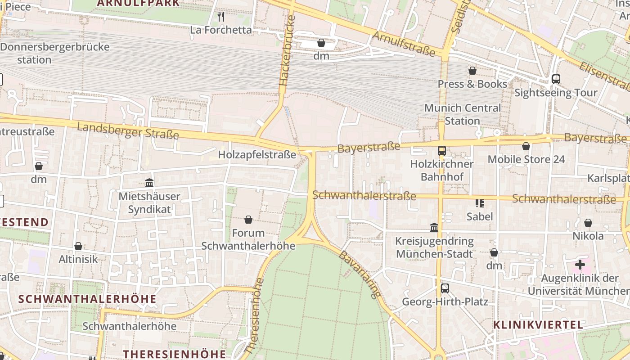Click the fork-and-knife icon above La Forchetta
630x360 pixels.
[x=220, y=17]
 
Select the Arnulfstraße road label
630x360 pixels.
[x=404, y=44]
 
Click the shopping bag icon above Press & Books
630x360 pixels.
[x=472, y=71]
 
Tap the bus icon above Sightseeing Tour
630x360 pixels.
[x=556, y=79]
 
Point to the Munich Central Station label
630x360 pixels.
[x=462, y=114]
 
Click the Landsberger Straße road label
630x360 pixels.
[x=128, y=130]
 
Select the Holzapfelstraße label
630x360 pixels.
[x=257, y=155]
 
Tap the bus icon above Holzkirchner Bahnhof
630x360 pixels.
[x=441, y=151]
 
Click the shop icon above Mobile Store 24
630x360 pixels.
[x=526, y=146]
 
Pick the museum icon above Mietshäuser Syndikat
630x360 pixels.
[x=149, y=183]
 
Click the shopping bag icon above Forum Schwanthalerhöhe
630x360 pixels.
[x=248, y=220]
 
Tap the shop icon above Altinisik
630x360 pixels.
[x=78, y=246]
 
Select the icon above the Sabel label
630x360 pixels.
[x=479, y=203]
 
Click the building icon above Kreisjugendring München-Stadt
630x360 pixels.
[x=434, y=228]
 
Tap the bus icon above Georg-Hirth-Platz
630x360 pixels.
[x=445, y=288]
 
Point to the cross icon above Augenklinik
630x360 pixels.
[x=580, y=265]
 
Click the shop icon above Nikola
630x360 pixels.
[x=588, y=223]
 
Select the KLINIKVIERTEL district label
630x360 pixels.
[x=538, y=325]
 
